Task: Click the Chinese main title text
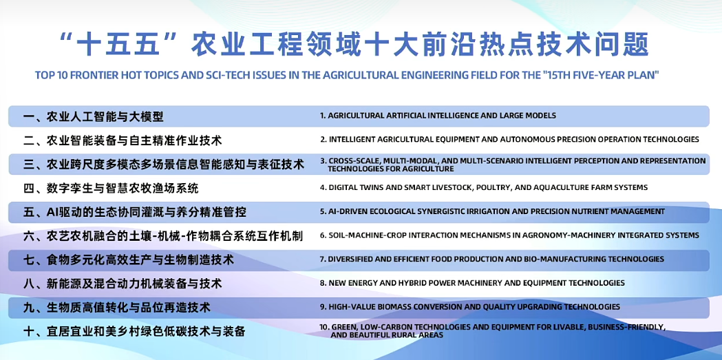(x=355, y=45)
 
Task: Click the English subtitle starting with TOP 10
(x=346, y=76)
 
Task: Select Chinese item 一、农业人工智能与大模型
(x=94, y=116)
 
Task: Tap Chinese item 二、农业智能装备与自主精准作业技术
(x=123, y=140)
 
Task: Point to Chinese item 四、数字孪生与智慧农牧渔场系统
(x=111, y=189)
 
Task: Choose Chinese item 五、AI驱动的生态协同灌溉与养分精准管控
(x=134, y=212)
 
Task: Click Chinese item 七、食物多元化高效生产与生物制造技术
(x=129, y=260)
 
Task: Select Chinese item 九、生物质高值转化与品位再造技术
(x=117, y=308)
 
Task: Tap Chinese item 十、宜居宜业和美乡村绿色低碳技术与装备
(x=134, y=332)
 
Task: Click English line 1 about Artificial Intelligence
(x=438, y=116)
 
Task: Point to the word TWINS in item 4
(x=368, y=187)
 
